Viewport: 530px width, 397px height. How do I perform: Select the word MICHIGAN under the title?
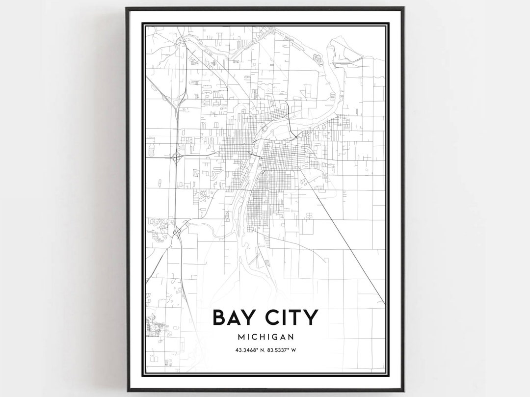point(265,337)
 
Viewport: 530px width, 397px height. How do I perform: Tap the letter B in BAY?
point(219,318)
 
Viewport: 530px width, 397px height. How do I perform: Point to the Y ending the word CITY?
point(311,318)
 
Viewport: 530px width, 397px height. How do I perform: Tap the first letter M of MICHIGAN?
point(240,337)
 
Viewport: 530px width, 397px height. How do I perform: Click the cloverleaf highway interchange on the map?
point(176,158)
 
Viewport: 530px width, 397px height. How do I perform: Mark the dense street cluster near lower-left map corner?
point(156,327)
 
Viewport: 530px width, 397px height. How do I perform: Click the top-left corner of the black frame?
point(127,8)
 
